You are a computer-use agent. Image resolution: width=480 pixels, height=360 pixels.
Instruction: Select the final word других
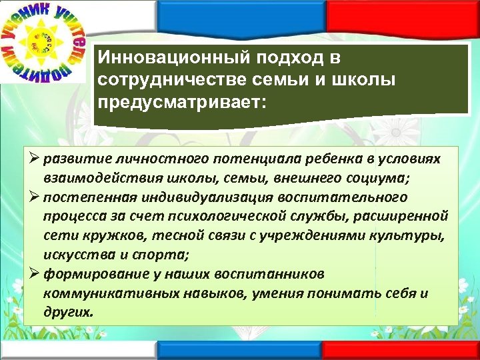tap(68, 311)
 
